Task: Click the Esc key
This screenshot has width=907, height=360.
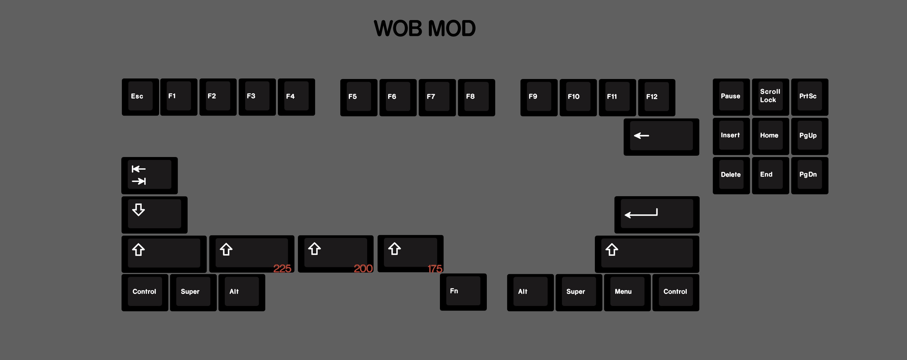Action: pyautogui.click(x=140, y=97)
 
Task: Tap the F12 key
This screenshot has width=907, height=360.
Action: pyautogui.click(x=656, y=97)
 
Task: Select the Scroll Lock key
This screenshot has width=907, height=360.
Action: pyautogui.click(x=770, y=97)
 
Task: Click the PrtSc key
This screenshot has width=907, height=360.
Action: pyautogui.click(x=809, y=97)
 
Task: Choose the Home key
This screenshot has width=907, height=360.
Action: pyautogui.click(x=770, y=136)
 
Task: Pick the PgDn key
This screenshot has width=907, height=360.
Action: pyautogui.click(x=809, y=175)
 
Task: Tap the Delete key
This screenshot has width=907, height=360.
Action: pyautogui.click(x=731, y=175)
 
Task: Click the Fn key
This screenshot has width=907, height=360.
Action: pyautogui.click(x=463, y=292)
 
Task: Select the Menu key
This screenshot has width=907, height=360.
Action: pyautogui.click(x=627, y=292)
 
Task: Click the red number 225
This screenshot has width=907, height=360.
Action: pyautogui.click(x=282, y=268)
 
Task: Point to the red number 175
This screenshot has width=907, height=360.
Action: pyautogui.click(x=435, y=269)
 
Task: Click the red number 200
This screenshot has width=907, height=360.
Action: pyautogui.click(x=363, y=268)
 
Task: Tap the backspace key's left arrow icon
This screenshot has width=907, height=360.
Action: pyautogui.click(x=641, y=135)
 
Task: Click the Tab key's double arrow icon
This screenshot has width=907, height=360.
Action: pyautogui.click(x=139, y=175)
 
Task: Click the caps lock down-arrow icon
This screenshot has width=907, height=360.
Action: pyautogui.click(x=138, y=209)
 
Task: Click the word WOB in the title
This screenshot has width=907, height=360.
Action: pyautogui.click(x=398, y=28)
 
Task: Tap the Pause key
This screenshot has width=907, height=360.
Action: pyautogui.click(x=731, y=97)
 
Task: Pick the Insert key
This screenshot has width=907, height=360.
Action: pyautogui.click(x=731, y=136)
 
